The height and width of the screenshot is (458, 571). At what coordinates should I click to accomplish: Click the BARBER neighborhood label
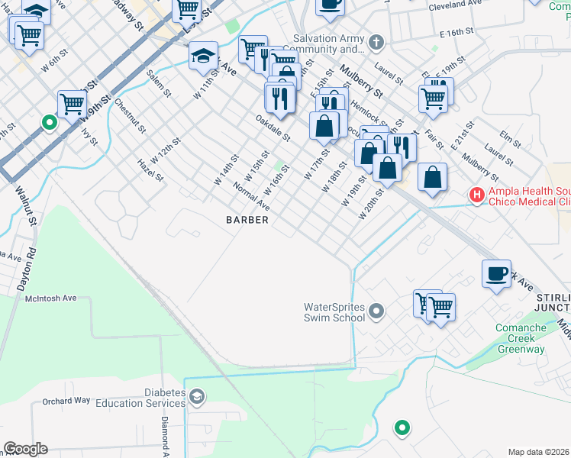coord(247,220)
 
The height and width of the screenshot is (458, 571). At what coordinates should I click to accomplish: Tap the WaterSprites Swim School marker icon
coord(376,311)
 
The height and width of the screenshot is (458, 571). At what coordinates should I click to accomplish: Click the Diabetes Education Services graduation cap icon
coord(197,396)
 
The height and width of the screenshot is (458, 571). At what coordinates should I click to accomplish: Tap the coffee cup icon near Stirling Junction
coord(496,273)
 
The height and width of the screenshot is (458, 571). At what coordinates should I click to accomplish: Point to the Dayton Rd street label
coord(26,266)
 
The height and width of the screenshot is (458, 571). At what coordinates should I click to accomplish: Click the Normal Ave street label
coord(252,197)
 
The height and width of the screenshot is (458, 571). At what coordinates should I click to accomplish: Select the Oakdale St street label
coord(273,127)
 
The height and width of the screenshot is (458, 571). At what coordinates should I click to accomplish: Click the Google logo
coord(25,449)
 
